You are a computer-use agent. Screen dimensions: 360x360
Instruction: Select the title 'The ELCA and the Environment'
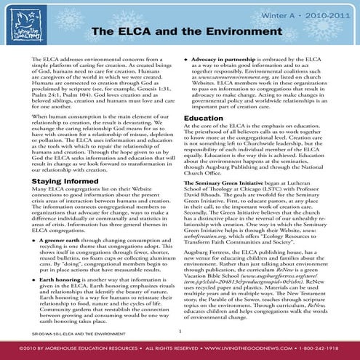[180, 33]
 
